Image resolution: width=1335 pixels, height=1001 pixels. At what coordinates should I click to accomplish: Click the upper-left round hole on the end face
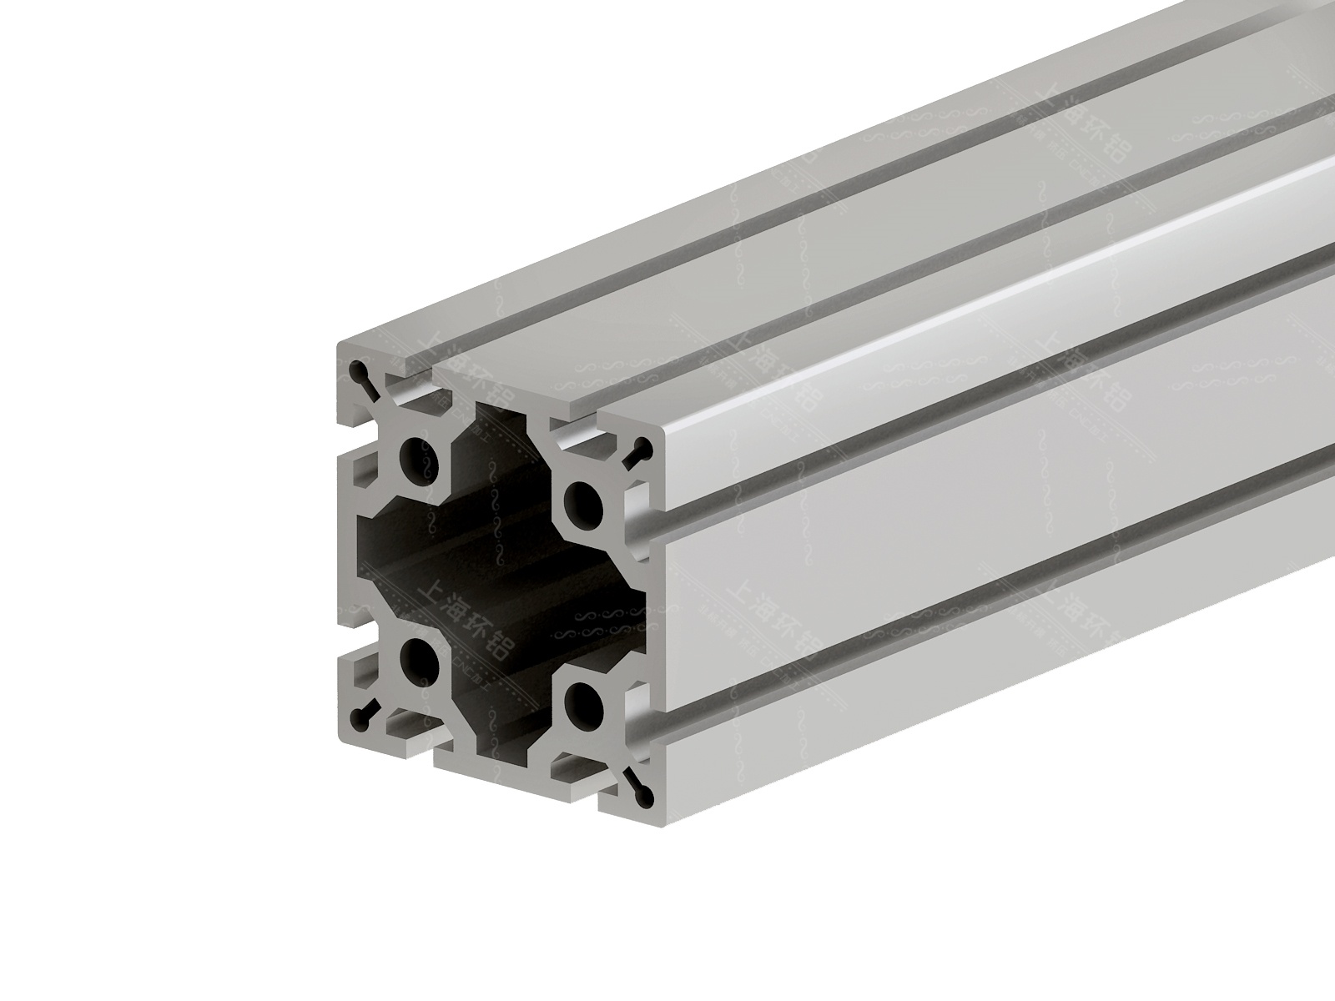(x=415, y=455)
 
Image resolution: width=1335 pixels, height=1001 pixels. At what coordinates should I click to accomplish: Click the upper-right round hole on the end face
(x=582, y=501)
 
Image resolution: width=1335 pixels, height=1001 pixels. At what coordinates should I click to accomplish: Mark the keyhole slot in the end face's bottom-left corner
(x=363, y=715)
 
